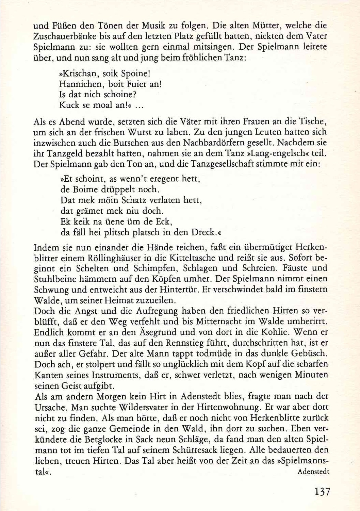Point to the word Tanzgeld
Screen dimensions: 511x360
coord(65,153)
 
